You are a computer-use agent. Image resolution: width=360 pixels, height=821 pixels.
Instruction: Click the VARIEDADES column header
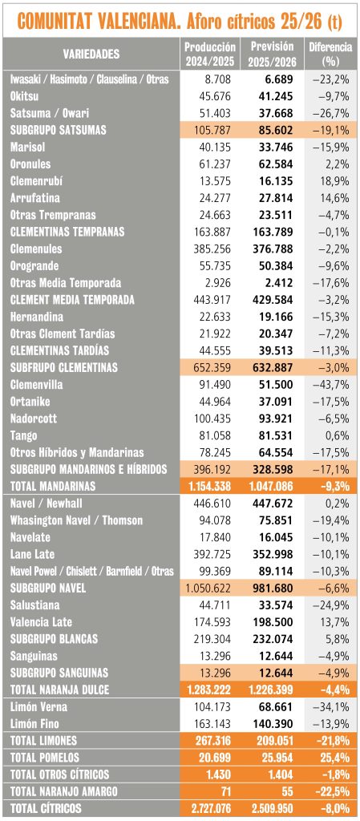[91, 54]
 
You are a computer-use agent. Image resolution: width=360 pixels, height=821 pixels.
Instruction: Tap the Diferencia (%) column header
[330, 54]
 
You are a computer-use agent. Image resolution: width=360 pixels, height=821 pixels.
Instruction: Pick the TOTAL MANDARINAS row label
[53, 485]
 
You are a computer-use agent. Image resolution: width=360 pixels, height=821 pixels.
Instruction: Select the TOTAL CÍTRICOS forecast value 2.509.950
[265, 808]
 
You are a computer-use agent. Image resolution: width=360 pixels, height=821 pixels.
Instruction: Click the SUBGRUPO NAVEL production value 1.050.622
[208, 588]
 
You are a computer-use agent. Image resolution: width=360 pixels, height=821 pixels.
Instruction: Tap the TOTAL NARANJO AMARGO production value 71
[224, 791]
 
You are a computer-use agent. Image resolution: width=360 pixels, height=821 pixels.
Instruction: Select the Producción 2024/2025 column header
[209, 54]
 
